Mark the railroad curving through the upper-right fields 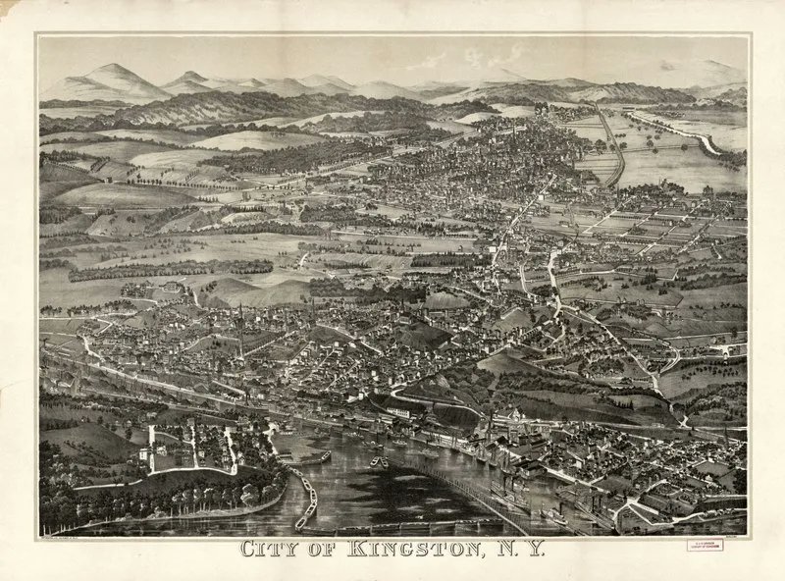pyautogui.click(x=612, y=147)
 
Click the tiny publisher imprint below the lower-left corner pyautogui.click(x=74, y=536)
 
